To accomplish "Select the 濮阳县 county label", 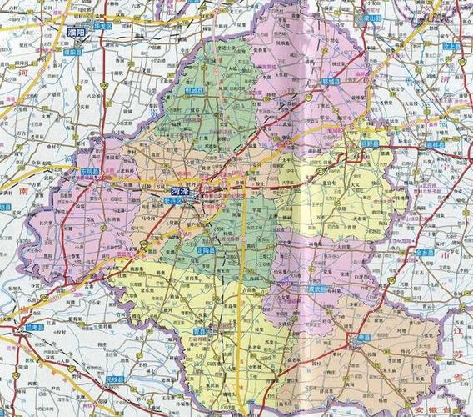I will click(x=74, y=52).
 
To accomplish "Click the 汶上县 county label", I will click(x=452, y=47).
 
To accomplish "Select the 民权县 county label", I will click(x=114, y=379).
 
